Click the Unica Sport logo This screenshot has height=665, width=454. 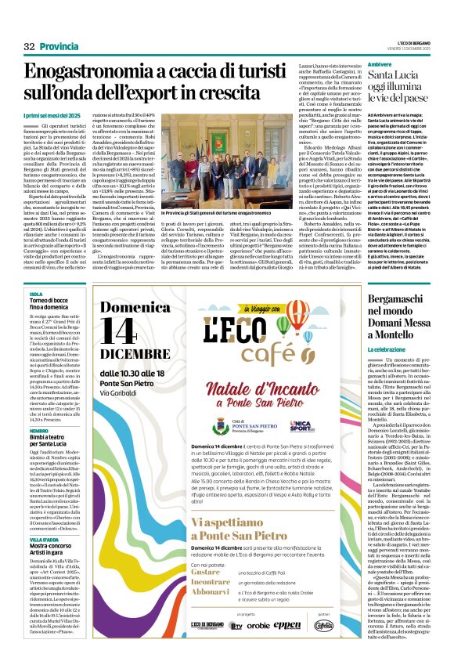280,425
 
